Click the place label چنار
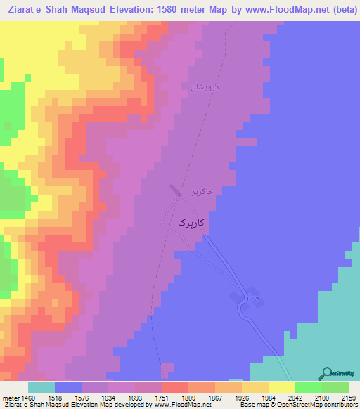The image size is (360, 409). coord(250,297)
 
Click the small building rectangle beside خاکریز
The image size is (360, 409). coord(174,190)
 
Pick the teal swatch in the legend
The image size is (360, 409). coord(41,387)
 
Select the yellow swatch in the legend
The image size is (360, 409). coord(282,387)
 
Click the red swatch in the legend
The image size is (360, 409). coord(175,387)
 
